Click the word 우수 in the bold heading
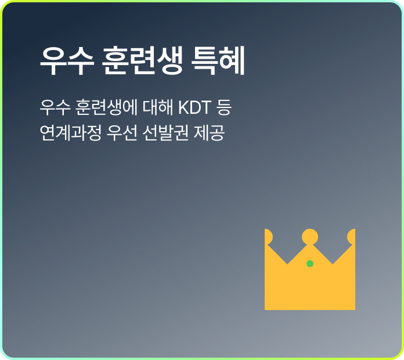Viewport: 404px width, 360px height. tap(67, 61)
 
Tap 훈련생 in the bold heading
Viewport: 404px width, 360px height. tap(142, 61)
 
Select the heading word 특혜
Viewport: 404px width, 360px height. tap(218, 61)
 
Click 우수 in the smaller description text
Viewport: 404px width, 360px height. tap(55, 107)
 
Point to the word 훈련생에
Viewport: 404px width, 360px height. tap(106, 107)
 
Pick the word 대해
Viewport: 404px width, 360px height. tap(158, 107)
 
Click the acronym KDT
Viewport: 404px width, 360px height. tap(195, 107)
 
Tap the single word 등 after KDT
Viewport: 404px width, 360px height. tap(224, 107)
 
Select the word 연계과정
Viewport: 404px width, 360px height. tap(71, 133)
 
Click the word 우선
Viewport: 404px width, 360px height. tap(122, 133)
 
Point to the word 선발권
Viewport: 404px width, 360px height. tap(165, 133)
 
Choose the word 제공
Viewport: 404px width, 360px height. tap(209, 133)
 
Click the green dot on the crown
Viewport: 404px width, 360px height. tap(310, 264)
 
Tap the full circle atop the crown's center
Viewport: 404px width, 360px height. tap(310, 237)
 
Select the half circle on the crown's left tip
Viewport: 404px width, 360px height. tap(268, 237)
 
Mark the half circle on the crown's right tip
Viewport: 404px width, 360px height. tap(352, 237)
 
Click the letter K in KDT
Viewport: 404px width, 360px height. tap(184, 107)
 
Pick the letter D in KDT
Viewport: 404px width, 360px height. tap(195, 107)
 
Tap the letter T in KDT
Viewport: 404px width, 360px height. tap(207, 107)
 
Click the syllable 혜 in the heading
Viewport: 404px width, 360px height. tap(232, 61)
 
